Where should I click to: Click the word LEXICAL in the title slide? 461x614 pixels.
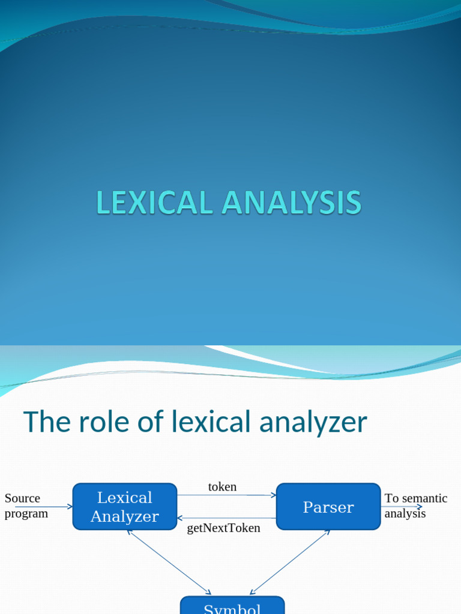point(155,203)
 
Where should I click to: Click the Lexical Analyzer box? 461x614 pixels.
point(125,507)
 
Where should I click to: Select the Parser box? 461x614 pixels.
point(328,507)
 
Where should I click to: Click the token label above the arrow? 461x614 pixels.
point(222,487)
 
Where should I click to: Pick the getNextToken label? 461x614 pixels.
point(224,528)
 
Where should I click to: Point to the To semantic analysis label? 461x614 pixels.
point(415,505)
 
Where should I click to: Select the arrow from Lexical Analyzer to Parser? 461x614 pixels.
point(227,495)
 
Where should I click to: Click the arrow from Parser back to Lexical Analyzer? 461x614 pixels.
point(227,518)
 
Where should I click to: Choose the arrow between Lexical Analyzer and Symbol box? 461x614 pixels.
point(169,562)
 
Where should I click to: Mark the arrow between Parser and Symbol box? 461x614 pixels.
point(290,562)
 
